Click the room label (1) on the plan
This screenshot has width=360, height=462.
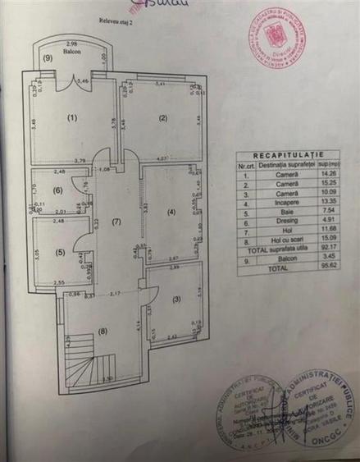(x=72, y=118)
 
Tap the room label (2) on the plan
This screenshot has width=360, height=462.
(x=163, y=118)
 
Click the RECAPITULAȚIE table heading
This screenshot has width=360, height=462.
(x=288, y=154)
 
